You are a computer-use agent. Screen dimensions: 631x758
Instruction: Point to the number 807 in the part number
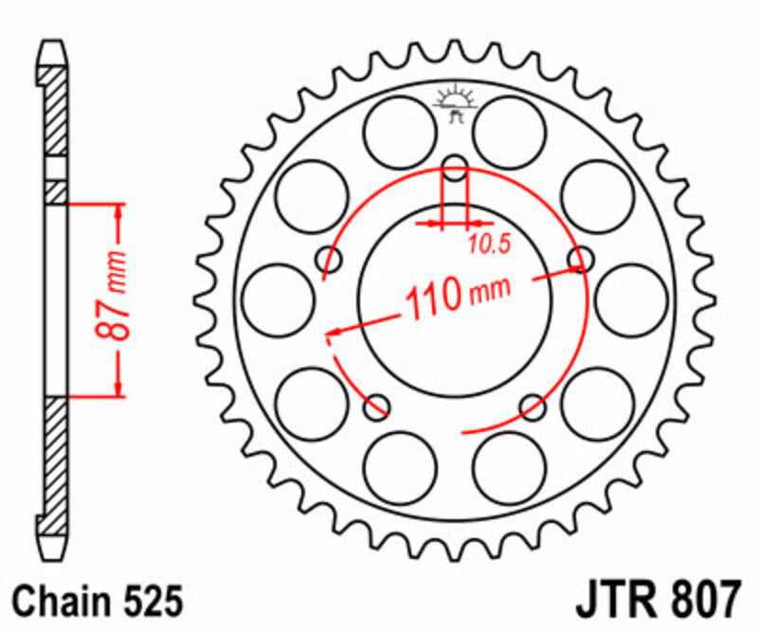698,601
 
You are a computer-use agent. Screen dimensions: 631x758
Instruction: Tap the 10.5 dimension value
489,244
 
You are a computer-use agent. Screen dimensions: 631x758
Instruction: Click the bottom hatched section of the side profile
56,455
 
